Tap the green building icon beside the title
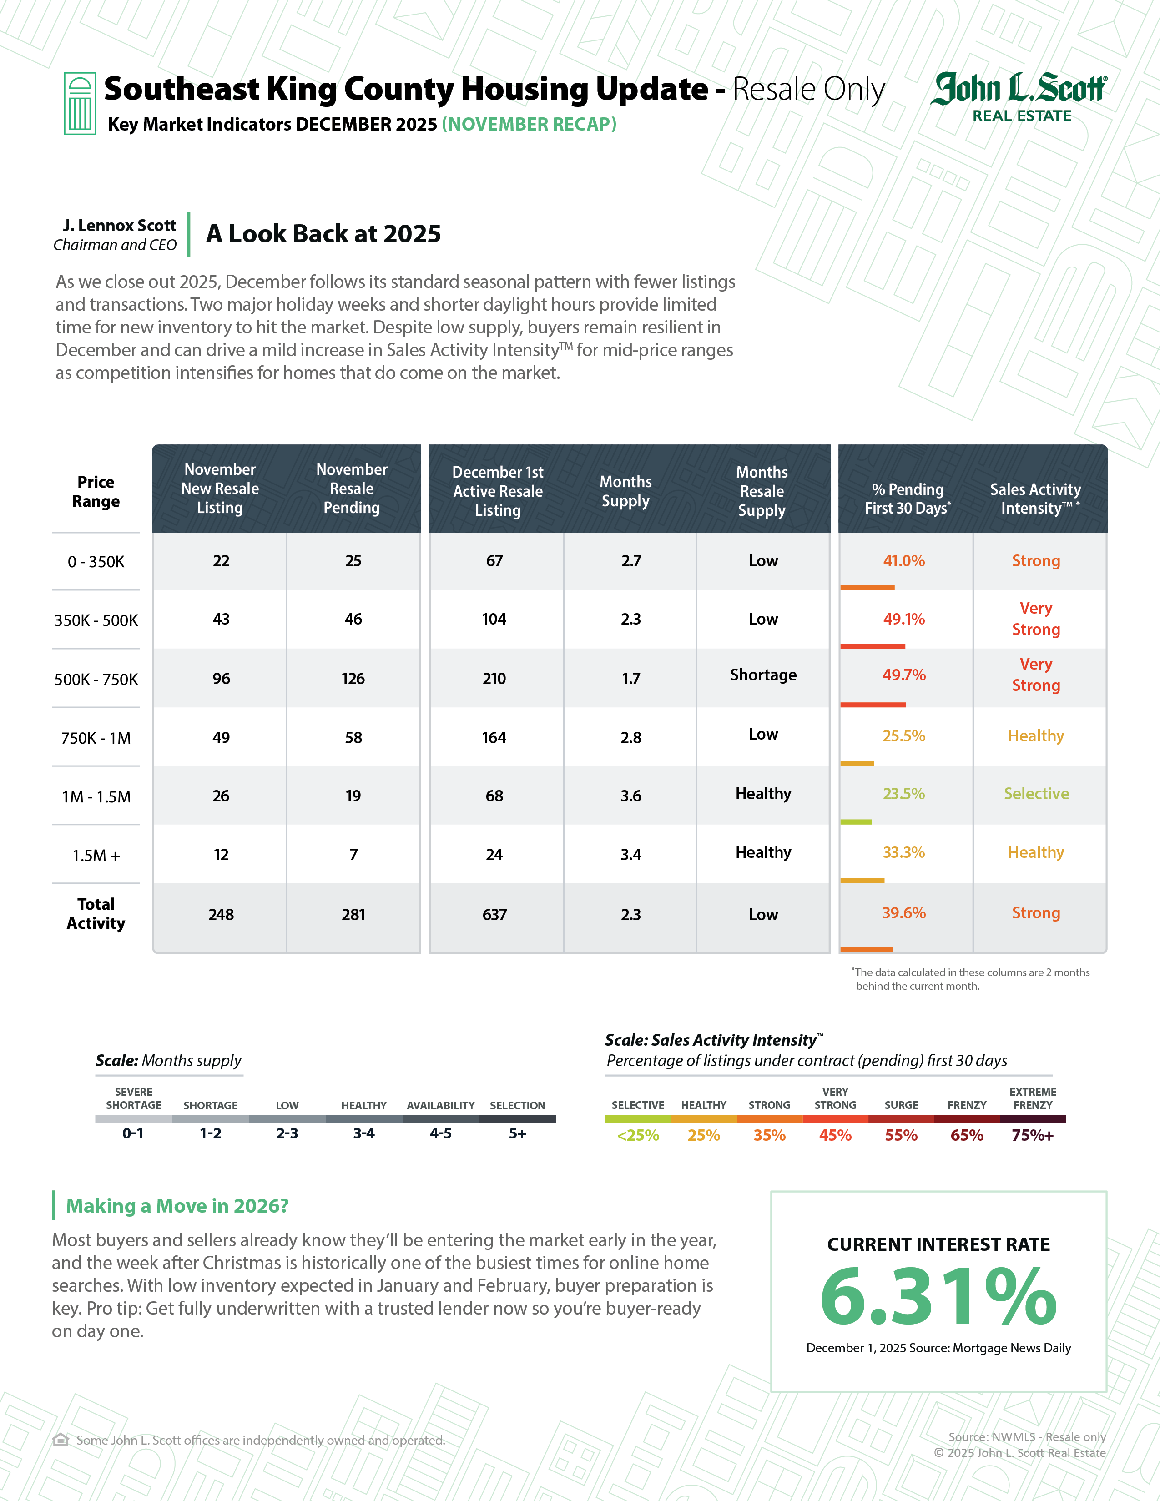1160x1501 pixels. click(x=80, y=103)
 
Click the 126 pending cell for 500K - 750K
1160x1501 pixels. click(x=353, y=678)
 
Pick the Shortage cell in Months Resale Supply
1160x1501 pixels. click(x=763, y=675)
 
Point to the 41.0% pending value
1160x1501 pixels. click(x=904, y=561)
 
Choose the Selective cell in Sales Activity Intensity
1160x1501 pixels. click(x=1036, y=794)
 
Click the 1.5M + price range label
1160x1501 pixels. click(x=96, y=856)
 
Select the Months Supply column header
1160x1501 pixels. click(x=625, y=491)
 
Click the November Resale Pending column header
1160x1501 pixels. click(x=352, y=489)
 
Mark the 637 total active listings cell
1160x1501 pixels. click(x=494, y=915)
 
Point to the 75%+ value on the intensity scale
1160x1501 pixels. click(x=1032, y=1135)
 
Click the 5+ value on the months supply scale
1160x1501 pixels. click(x=518, y=1134)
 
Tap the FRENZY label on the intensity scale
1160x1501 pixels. click(x=967, y=1105)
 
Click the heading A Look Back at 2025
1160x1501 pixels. click(x=323, y=234)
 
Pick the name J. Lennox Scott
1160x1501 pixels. click(x=120, y=226)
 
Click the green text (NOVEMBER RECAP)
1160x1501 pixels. click(x=529, y=124)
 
